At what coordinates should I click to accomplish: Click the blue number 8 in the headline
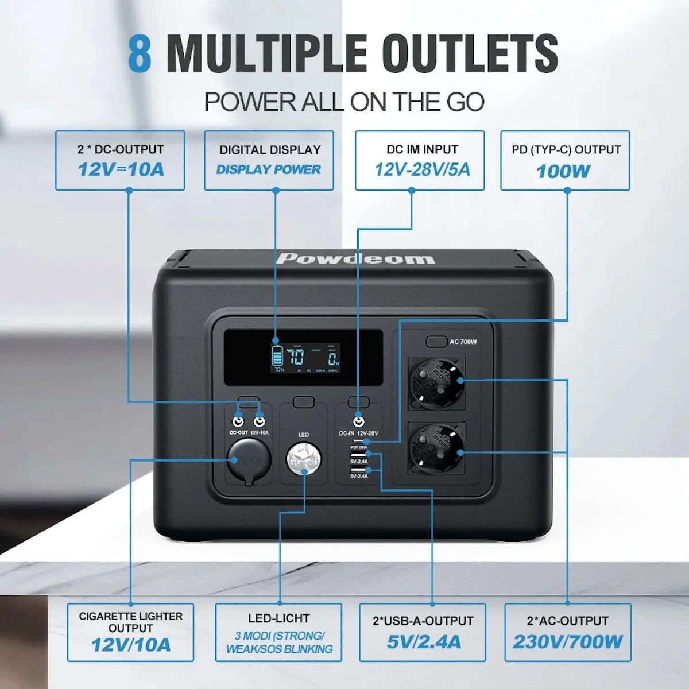pyautogui.click(x=140, y=53)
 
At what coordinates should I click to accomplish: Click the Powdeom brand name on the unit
pyautogui.click(x=355, y=258)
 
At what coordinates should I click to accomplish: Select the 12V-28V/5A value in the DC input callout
pyautogui.click(x=422, y=170)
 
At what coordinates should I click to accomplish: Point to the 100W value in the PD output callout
pyautogui.click(x=563, y=171)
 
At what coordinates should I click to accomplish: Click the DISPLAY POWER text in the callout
pyautogui.click(x=269, y=169)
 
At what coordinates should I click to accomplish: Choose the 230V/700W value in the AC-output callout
pyautogui.click(x=567, y=641)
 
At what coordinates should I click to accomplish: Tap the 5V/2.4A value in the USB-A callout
pyautogui.click(x=423, y=641)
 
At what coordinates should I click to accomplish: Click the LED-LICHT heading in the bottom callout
pyautogui.click(x=279, y=618)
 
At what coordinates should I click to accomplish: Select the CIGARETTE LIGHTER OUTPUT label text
pyautogui.click(x=131, y=622)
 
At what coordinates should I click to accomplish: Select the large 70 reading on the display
pyautogui.click(x=296, y=359)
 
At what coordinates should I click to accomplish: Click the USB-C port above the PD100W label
pyautogui.click(x=359, y=442)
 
